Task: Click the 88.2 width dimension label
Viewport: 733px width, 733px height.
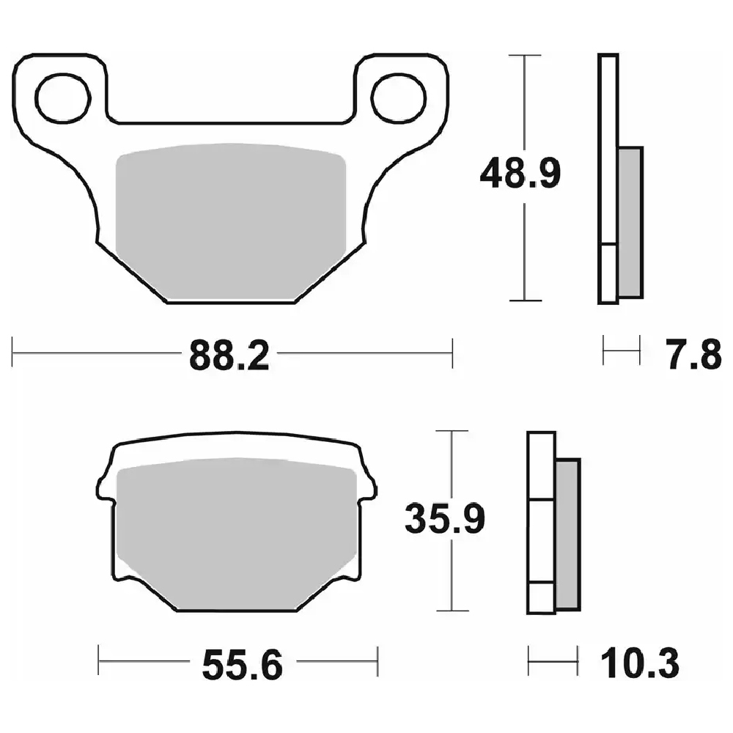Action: click(229, 356)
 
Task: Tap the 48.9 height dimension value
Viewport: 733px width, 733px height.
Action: click(520, 174)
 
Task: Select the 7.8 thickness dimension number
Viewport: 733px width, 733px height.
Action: click(693, 355)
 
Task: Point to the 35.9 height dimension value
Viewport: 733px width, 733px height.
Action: click(445, 518)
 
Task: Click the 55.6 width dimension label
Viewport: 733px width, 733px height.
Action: click(242, 664)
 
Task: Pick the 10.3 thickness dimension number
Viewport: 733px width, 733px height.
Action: click(639, 663)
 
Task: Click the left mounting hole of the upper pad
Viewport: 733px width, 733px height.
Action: click(62, 98)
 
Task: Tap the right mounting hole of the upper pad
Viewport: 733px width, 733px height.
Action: click(398, 98)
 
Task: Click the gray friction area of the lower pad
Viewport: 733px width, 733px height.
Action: click(237, 534)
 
